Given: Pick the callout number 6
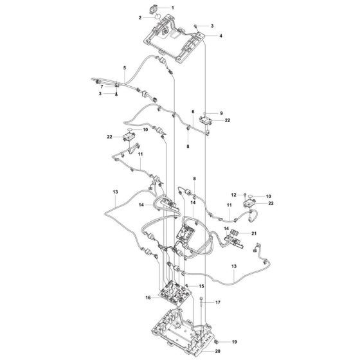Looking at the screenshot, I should pos(192,111).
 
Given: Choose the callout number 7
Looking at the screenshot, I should pos(100,85).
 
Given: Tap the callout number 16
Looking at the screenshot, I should pos(148,298).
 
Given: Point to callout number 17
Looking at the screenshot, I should pos(217,302).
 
